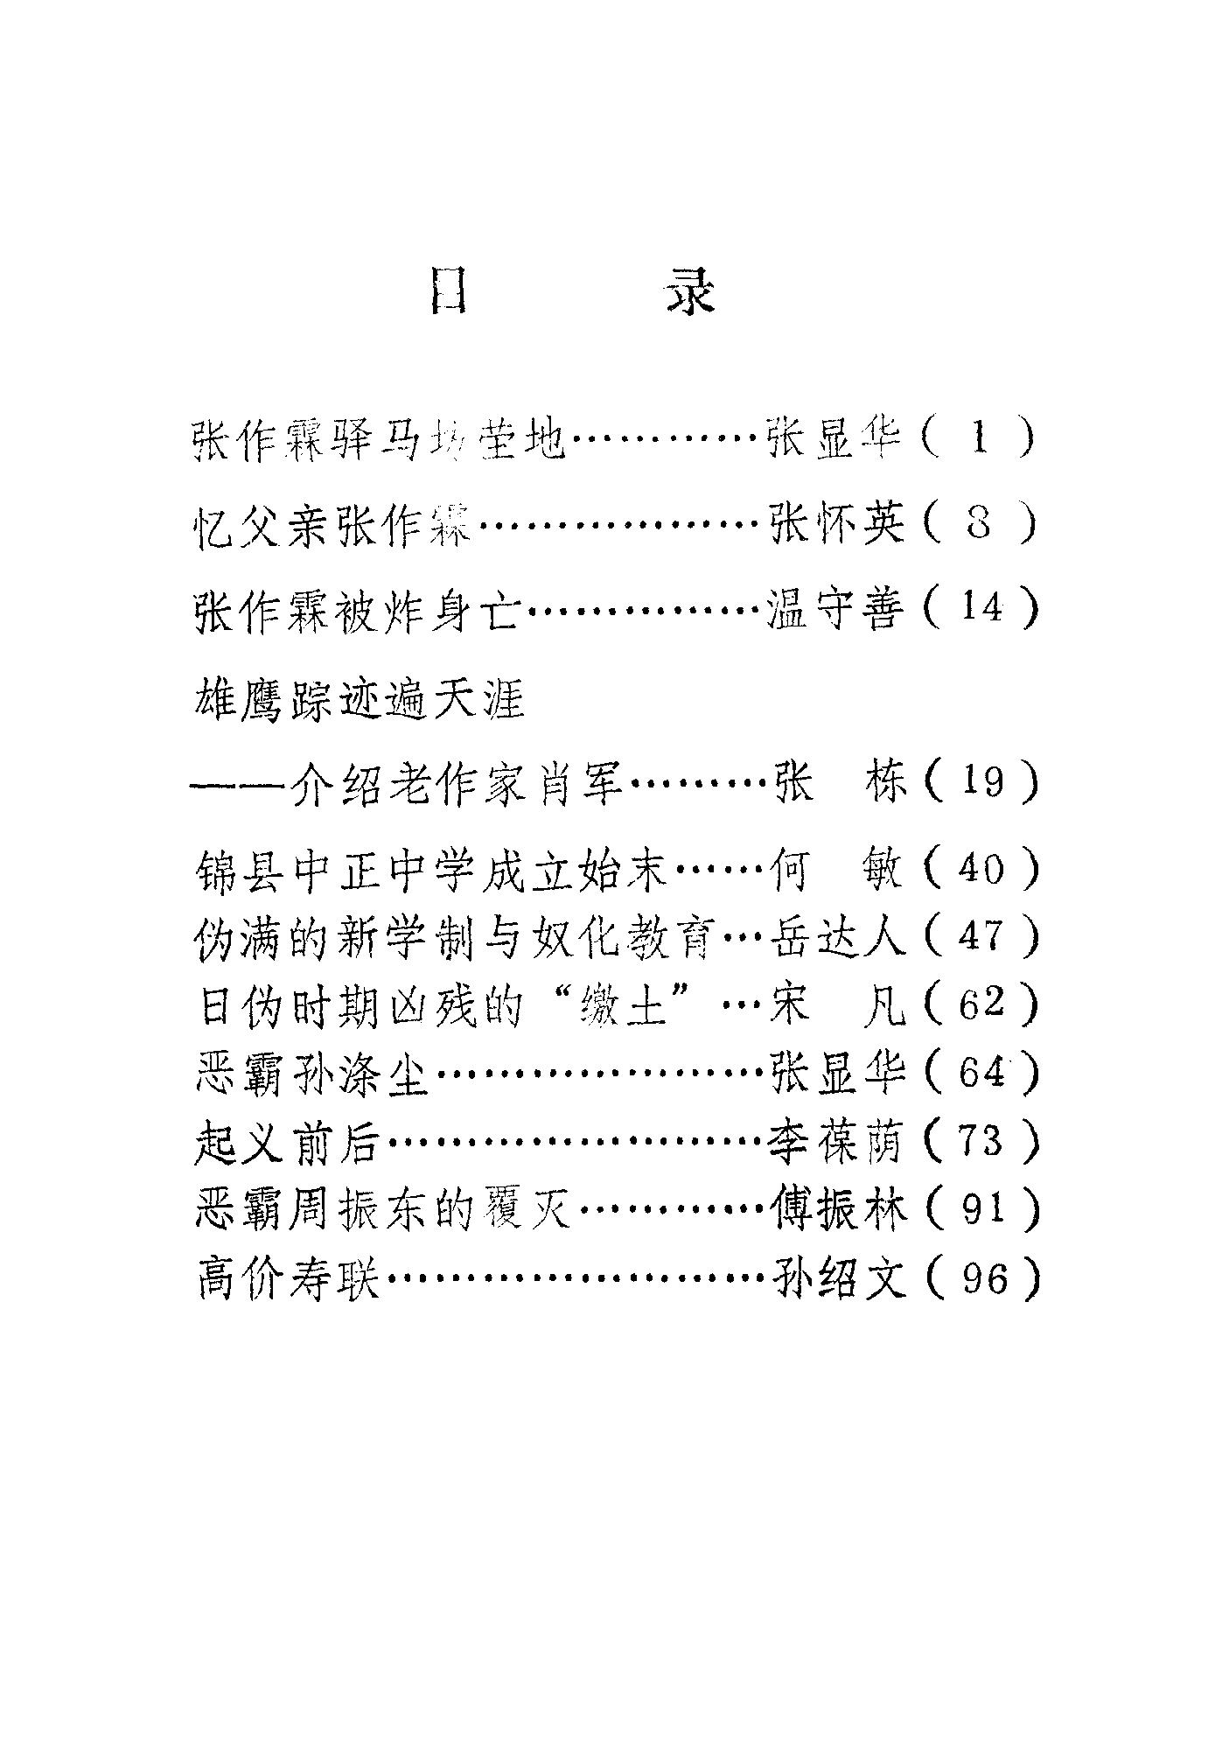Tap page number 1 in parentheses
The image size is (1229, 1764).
pos(979,438)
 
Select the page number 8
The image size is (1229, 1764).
pos(979,524)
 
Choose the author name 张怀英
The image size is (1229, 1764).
pos(835,524)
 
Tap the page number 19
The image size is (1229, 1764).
pos(981,780)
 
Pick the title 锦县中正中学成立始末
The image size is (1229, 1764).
pos(432,871)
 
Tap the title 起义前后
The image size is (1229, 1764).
pos(288,1143)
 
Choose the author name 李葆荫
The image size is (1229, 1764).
pos(835,1143)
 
